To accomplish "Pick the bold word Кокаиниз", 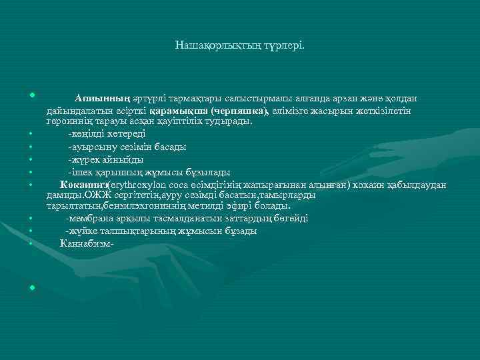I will tap(82, 185).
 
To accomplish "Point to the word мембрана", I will tap(90, 219).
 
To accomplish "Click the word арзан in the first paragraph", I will tap(320, 99).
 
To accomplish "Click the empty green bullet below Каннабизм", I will tap(31, 287).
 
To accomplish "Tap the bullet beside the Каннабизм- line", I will tap(31, 243).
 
